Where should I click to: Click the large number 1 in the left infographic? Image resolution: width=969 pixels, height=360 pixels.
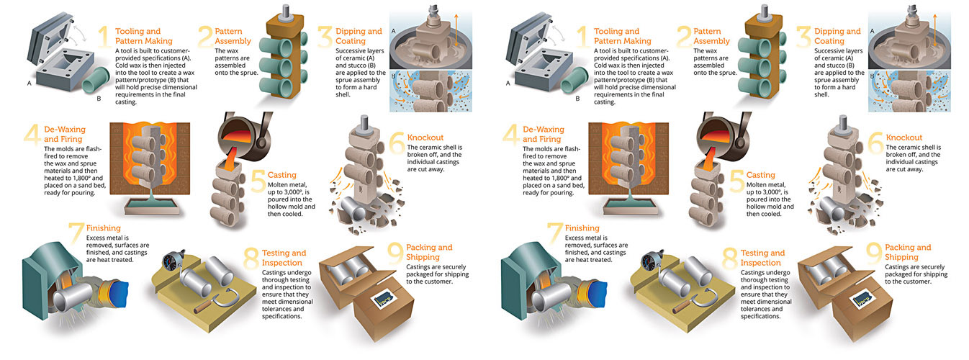(x=104, y=37)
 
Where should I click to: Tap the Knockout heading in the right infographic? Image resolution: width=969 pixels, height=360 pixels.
(x=903, y=138)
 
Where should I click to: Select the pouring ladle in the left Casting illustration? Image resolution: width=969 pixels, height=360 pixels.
(x=245, y=134)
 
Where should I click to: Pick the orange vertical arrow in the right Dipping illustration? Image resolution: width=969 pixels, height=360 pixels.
(x=934, y=30)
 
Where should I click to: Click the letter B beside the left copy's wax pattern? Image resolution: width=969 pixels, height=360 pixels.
(x=99, y=99)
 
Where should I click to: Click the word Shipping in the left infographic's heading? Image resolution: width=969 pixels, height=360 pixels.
(x=423, y=257)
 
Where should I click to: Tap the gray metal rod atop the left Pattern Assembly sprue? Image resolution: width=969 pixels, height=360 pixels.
(x=285, y=12)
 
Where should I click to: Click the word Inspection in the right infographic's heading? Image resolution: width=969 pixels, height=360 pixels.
(x=760, y=263)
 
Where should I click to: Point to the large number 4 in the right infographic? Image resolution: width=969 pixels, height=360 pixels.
(x=510, y=134)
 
